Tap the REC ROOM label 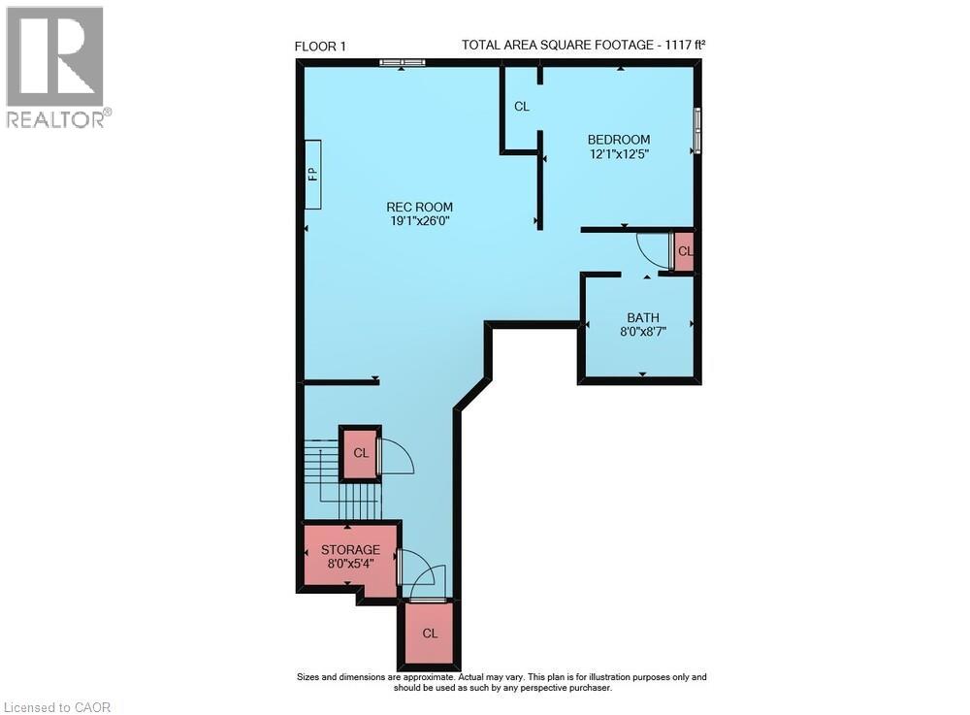(419, 207)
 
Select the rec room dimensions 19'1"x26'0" (419, 221)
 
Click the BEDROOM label (618, 140)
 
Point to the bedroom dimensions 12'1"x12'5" (618, 154)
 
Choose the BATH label (642, 317)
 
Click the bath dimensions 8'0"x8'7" (642, 332)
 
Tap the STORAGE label (350, 550)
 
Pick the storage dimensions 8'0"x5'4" (350, 565)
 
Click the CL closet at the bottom (430, 633)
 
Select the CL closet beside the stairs (360, 453)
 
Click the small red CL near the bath (685, 251)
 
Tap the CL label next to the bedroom (522, 107)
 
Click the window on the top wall (402, 63)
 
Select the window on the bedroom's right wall (696, 130)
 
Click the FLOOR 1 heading (319, 46)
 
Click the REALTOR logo (55, 66)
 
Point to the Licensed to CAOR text (57, 706)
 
